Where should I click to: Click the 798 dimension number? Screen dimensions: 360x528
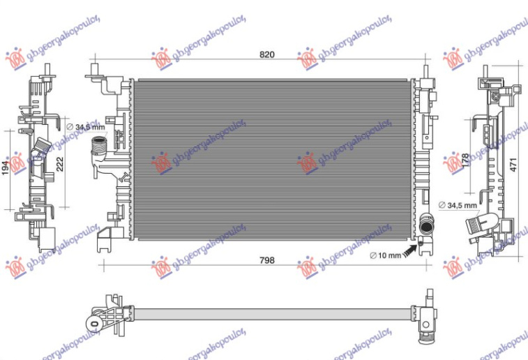[266, 260]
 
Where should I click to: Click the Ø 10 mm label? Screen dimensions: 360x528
[385, 255]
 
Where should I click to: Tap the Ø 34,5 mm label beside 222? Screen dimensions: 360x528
[85, 127]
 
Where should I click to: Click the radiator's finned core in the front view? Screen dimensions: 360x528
[272, 159]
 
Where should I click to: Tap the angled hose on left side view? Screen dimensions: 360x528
[41, 148]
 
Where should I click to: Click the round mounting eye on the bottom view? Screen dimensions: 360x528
[93, 322]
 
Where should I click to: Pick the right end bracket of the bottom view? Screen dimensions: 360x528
[426, 324]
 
